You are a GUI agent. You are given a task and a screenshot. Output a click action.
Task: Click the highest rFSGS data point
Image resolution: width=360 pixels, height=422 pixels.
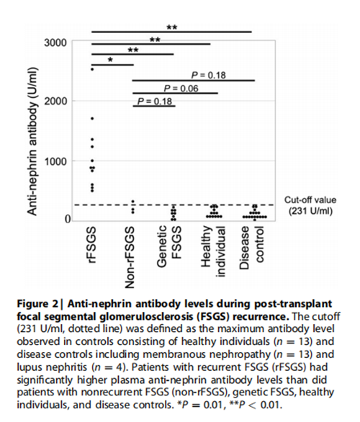[x=92, y=69]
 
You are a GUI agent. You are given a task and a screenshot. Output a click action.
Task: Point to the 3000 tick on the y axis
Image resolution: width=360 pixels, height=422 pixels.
[x=55, y=42]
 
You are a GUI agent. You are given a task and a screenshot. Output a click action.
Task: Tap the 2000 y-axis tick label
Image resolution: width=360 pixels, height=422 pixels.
[x=55, y=102]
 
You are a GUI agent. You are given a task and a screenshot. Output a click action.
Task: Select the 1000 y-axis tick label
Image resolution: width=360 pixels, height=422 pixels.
[x=55, y=161]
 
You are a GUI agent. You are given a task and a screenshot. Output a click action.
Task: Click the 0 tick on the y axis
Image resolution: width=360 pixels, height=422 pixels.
[x=67, y=219]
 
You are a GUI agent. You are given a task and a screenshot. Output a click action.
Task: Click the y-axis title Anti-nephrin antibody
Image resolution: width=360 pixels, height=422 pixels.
[x=32, y=141]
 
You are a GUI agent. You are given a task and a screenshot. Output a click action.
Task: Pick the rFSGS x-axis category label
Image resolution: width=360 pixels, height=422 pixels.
[x=92, y=245]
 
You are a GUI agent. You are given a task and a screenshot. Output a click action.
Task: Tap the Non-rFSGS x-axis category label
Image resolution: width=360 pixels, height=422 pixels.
[x=130, y=258]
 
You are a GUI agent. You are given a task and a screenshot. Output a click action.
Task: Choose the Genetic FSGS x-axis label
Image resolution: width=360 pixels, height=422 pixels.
[x=168, y=246]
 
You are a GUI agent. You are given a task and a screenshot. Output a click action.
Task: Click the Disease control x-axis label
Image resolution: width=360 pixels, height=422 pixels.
[x=251, y=248]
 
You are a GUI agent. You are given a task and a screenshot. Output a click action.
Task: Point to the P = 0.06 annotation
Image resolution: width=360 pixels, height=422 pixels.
[x=181, y=89]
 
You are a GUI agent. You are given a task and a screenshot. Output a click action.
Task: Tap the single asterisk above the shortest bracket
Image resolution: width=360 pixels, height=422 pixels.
[x=110, y=60]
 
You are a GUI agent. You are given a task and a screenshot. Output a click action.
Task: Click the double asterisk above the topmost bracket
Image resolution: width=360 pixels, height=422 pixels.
[x=172, y=27]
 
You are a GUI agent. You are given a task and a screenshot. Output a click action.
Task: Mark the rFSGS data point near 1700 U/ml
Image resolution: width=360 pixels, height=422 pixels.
[x=92, y=118]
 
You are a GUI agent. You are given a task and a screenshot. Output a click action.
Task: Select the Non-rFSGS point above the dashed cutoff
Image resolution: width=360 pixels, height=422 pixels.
[x=132, y=202]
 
